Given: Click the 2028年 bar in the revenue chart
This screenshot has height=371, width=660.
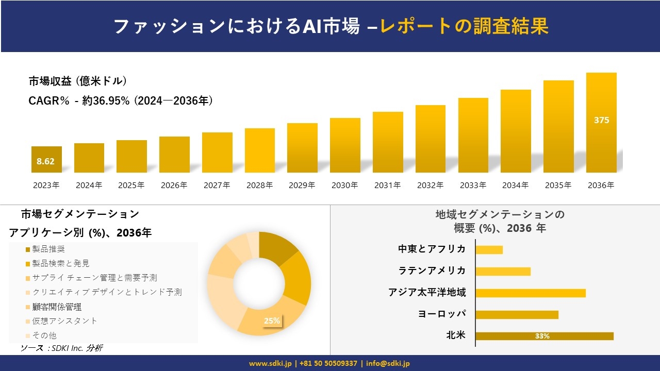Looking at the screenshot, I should tap(260, 150).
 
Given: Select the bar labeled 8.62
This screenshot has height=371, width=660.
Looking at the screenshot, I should tap(46, 160).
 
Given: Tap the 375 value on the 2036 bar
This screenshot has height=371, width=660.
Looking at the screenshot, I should tap(601, 120).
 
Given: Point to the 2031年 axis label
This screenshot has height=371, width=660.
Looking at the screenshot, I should tap(387, 185).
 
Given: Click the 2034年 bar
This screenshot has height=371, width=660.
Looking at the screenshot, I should tap(516, 131).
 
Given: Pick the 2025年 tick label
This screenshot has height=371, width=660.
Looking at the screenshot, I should tap(131, 185).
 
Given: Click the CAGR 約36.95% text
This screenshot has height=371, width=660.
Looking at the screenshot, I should tap(121, 101).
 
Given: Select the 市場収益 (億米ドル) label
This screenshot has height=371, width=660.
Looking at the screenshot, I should tap(78, 81).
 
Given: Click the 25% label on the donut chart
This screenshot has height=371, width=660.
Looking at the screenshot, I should tap(272, 321).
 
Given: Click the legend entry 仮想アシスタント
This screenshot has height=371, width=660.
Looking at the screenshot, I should tap(64, 321).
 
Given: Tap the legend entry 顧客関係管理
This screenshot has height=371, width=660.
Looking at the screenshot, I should tap(57, 307).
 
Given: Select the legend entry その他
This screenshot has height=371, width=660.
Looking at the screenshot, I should tap(44, 335).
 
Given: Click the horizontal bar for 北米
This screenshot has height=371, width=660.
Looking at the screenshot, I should tap(544, 336).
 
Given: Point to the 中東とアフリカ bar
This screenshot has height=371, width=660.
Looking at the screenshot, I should tap(489, 249).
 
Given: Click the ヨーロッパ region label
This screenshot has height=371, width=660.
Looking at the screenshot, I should tap(442, 314).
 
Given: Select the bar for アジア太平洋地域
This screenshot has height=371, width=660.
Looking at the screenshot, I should tap(531, 293).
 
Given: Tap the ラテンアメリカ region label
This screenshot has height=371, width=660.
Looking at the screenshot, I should tap(432, 271).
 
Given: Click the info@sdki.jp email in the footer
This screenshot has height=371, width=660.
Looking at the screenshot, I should tap(388, 363).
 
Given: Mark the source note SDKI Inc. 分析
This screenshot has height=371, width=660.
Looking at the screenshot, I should tap(61, 348).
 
